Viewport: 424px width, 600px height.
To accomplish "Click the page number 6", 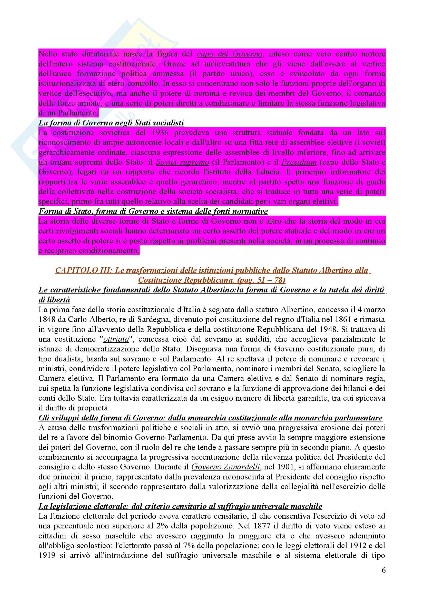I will point(383,570).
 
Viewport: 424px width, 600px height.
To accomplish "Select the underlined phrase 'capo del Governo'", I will point(230,54).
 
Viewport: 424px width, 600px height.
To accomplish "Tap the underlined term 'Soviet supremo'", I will point(182,162).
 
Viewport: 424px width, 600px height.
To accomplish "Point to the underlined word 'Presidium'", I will point(299,162).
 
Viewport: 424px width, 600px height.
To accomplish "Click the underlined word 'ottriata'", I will point(116,339).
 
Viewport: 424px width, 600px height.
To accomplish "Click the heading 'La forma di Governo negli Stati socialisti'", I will point(111,123).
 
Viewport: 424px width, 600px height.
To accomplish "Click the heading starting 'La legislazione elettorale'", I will point(180,506).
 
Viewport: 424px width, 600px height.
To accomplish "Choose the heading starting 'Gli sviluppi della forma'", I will point(210,418).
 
